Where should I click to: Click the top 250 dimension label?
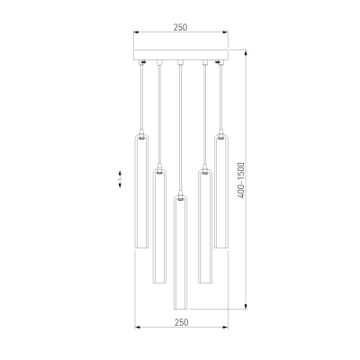[180, 27]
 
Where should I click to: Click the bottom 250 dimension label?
[182, 322]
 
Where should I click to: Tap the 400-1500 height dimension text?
[241, 180]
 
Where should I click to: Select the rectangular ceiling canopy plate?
[181, 55]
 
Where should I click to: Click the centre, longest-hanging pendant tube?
[181, 253]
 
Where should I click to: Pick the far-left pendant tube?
[141, 192]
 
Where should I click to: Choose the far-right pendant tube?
[221, 192]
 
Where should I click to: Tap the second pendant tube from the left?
[159, 226]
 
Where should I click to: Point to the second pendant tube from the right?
[205, 226]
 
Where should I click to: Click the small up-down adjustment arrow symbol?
[120, 179]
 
